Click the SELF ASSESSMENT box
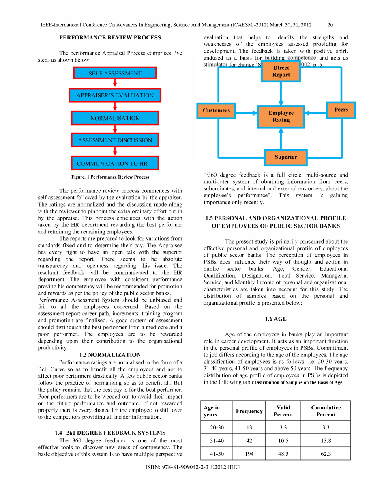(x=115, y=73)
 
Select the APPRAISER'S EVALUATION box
(x=115, y=95)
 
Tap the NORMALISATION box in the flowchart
(x=115, y=118)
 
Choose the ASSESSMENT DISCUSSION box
(x=115, y=140)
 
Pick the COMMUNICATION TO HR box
(x=115, y=163)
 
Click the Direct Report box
(x=281, y=71)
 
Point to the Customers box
(x=216, y=110)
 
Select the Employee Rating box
(x=281, y=116)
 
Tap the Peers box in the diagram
(x=341, y=110)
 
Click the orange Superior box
(x=286, y=157)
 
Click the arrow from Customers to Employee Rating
(x=246, y=114)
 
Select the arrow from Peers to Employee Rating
(x=315, y=114)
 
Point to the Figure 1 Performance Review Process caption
(x=110, y=177)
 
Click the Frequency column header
(x=249, y=411)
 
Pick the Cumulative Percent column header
(x=326, y=411)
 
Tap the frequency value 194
(x=249, y=454)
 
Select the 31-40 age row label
(x=217, y=440)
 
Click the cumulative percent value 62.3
(x=326, y=454)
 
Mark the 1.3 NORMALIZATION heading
(x=110, y=354)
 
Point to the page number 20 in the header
(x=330, y=25)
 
